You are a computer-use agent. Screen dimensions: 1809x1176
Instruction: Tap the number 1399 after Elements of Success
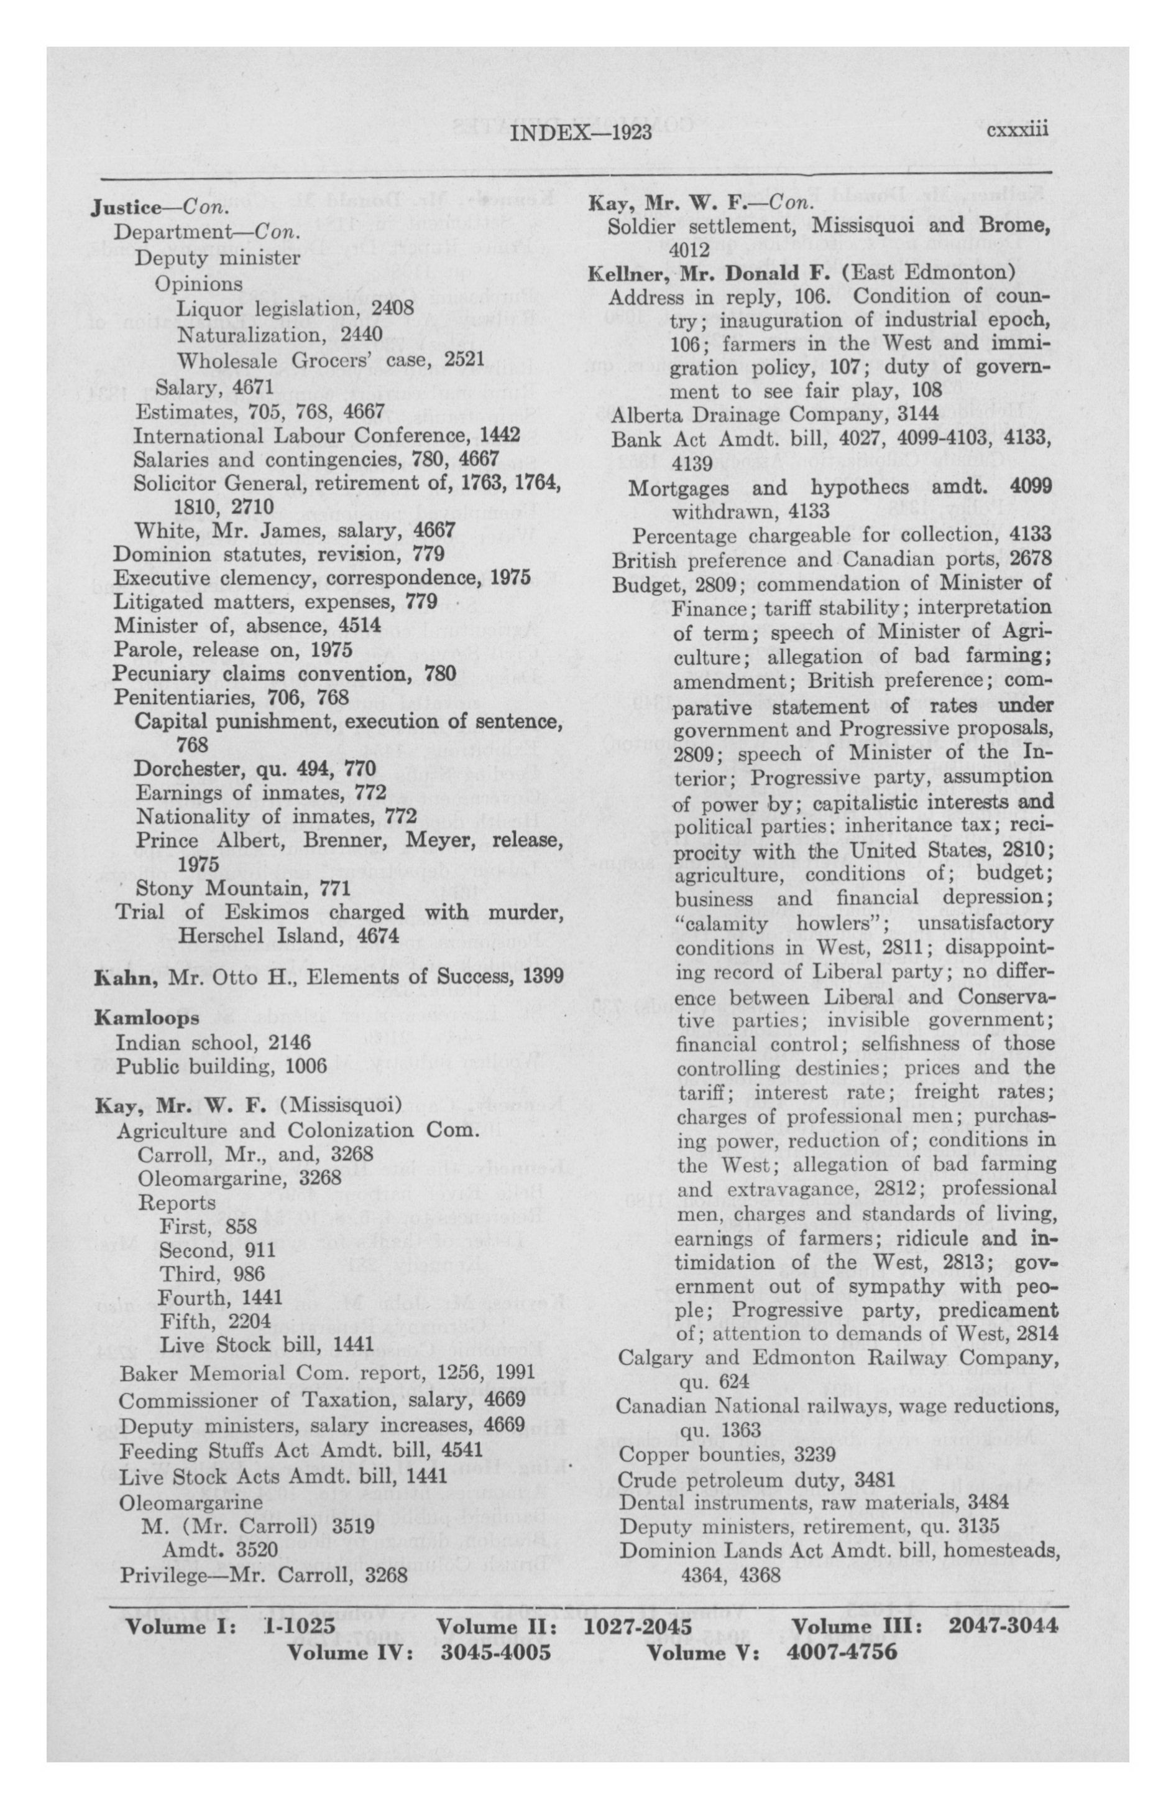[543, 976]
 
